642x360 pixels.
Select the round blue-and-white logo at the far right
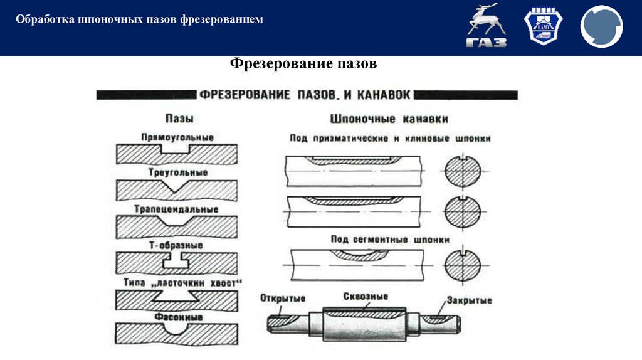601,27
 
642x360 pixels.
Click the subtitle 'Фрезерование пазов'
303,64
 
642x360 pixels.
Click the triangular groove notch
177,186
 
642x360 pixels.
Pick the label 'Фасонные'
177,317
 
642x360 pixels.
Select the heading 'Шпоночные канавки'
388,118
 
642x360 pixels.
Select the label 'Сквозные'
366,296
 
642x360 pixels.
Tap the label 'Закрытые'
470,300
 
